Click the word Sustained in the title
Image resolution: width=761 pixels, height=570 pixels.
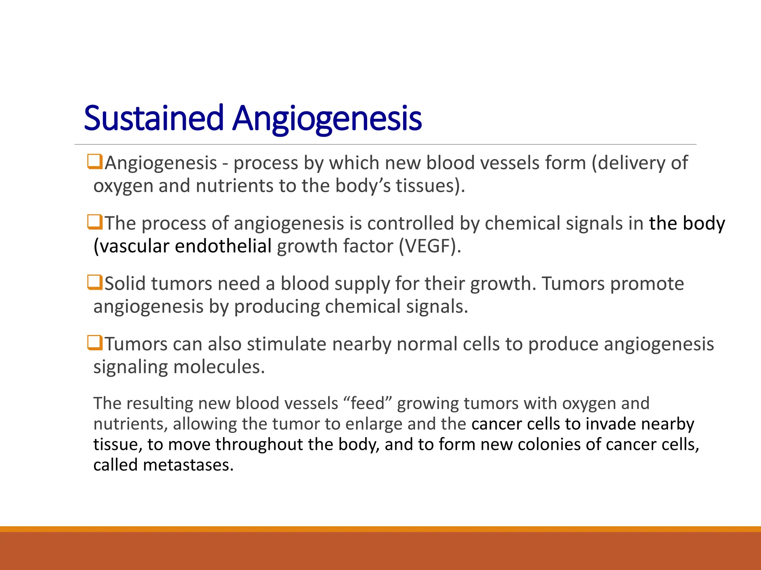[x=153, y=118]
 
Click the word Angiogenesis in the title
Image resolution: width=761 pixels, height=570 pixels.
[x=327, y=118]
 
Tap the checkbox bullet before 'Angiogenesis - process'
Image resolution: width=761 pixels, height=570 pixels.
[x=95, y=162]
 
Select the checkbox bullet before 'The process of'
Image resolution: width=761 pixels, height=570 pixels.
[x=95, y=222]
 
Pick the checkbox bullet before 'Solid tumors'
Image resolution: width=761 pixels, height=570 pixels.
[x=95, y=282]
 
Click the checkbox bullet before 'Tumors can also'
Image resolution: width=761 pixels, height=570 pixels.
[x=95, y=343]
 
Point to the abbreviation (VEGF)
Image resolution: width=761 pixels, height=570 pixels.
[x=430, y=246]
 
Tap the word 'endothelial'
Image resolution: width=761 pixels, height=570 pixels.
[x=223, y=246]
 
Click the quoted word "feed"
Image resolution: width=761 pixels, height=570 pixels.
[x=368, y=403]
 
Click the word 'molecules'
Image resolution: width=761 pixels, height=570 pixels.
[x=219, y=367]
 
